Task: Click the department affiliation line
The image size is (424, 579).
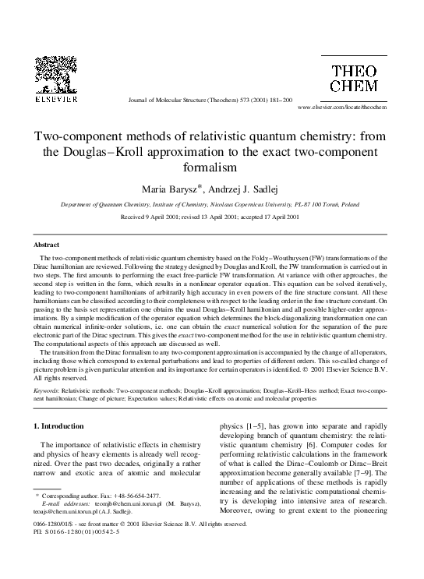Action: (211, 203)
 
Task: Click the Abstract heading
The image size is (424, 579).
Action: (48, 244)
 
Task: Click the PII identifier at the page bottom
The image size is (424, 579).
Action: (64, 554)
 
